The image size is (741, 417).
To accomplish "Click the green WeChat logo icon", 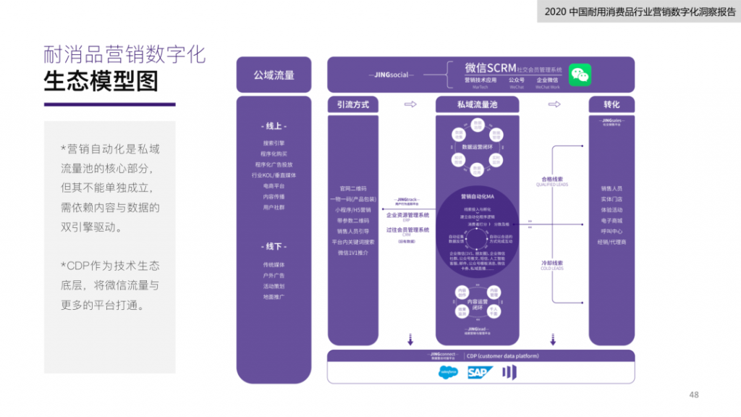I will [579, 74].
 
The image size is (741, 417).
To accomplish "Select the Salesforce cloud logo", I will [448, 373].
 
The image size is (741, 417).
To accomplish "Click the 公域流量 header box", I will [274, 75].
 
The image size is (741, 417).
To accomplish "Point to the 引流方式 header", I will [352, 105].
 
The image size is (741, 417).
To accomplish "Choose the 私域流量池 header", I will [477, 105].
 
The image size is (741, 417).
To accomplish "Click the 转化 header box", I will [611, 105].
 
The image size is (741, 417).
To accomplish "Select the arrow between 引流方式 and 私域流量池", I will [410, 105].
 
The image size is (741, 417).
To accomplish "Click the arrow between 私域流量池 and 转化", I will [554, 105].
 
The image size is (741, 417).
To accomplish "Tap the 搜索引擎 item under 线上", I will [274, 143].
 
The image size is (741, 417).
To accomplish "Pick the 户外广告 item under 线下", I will [274, 276].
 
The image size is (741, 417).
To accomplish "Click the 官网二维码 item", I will [352, 188].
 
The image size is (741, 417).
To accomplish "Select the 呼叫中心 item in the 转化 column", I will [611, 231].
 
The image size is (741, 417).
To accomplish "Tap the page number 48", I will [694, 395].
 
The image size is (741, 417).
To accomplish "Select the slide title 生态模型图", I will [101, 81].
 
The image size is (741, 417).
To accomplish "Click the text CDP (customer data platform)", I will [502, 355].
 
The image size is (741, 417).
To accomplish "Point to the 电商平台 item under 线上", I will [274, 186].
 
